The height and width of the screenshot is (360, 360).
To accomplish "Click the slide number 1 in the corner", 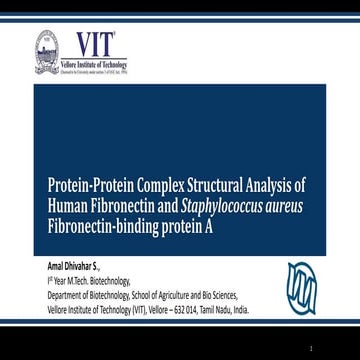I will [x=341, y=347].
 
